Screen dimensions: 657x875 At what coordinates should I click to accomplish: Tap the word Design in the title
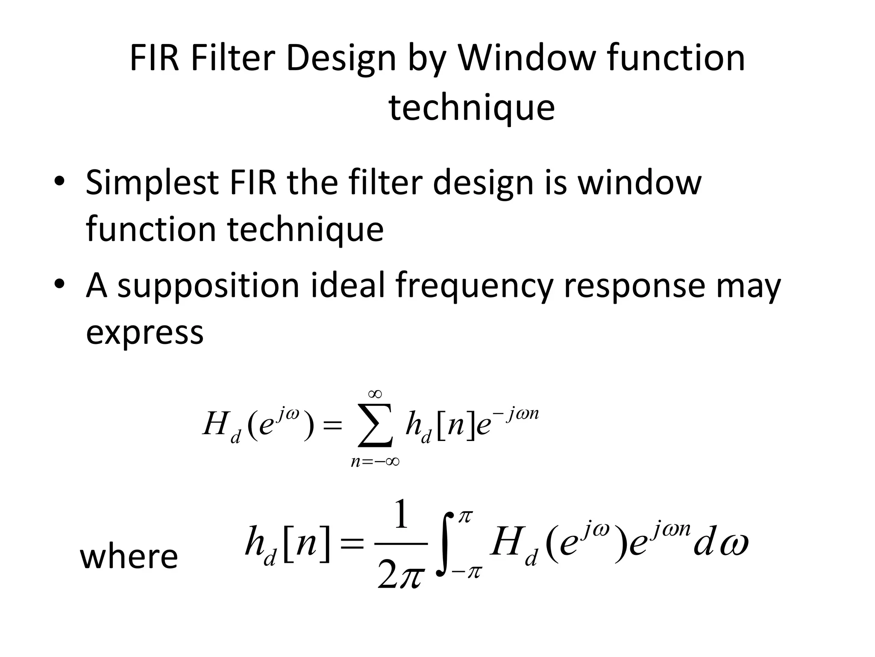pos(341,59)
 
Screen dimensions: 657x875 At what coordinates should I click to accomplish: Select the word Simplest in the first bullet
pos(152,183)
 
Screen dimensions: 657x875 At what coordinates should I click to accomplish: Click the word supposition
pos(208,286)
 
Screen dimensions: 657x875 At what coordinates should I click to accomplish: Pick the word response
pos(634,286)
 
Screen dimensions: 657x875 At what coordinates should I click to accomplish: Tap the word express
pos(144,333)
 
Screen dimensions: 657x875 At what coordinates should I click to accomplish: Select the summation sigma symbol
pos(375,425)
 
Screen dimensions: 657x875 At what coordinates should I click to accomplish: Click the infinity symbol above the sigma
pos(375,394)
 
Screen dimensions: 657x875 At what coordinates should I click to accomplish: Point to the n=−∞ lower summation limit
pos(375,462)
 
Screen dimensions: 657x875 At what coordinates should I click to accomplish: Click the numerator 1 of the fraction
pos(401,515)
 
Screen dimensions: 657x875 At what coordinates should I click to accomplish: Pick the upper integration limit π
pos(465,516)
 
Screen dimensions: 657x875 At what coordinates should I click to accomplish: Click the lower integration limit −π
pos(467,571)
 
